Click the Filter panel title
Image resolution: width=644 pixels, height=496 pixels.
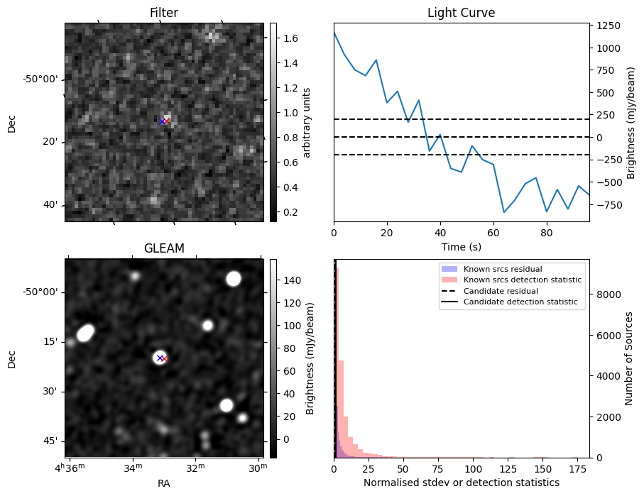tap(163, 13)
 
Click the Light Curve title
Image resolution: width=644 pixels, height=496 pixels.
tap(461, 13)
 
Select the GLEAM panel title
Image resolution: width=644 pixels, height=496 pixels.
tap(163, 248)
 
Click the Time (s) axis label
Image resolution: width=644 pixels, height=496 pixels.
tap(461, 246)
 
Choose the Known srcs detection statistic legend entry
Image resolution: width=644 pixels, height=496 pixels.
tap(523, 280)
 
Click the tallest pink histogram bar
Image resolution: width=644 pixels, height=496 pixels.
tap(337, 362)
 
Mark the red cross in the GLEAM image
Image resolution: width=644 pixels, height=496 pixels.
tap(164, 358)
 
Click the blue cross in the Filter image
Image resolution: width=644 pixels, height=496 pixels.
tap(162, 121)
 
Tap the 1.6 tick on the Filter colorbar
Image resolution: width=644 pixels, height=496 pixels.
tap(290, 38)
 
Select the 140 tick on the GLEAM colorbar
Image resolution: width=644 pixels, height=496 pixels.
tap(292, 280)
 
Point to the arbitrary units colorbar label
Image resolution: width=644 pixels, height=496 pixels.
tap(307, 122)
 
